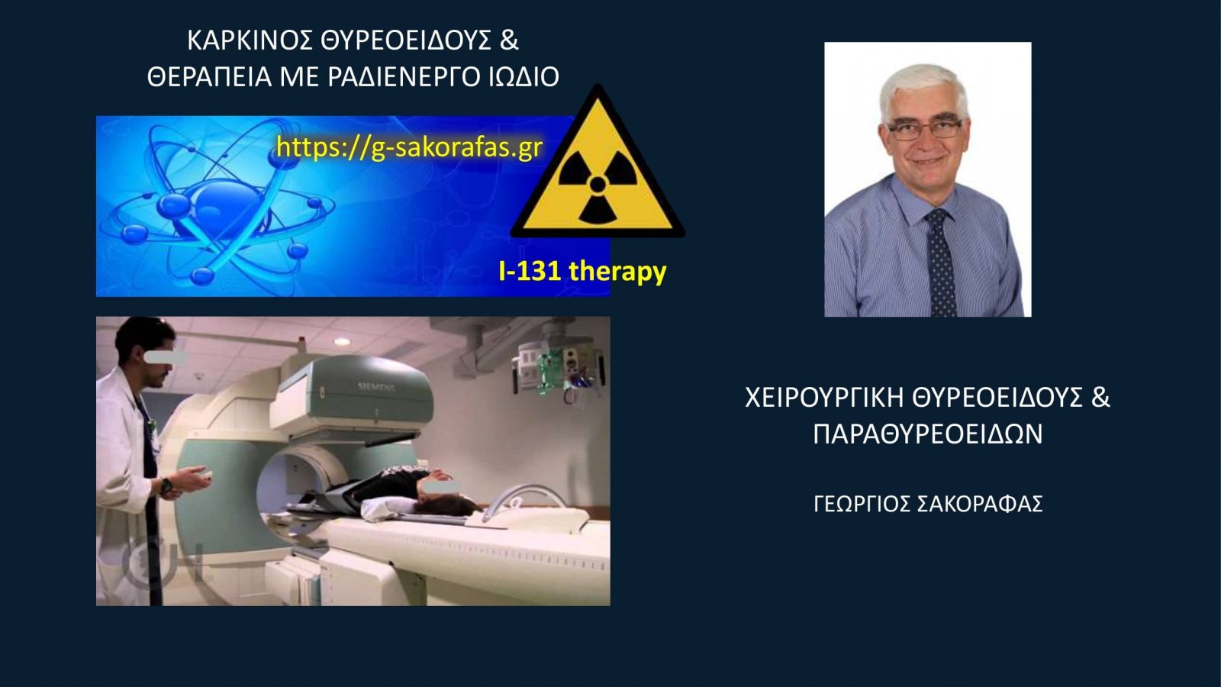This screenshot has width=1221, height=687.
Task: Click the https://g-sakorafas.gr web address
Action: [x=409, y=147]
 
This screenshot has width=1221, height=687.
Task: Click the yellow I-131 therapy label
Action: [x=582, y=271]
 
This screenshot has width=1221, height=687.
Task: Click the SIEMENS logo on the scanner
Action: [x=376, y=387]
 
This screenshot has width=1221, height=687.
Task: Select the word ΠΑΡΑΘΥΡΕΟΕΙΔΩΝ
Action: [x=928, y=434]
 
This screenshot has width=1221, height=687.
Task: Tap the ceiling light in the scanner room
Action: [x=342, y=342]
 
